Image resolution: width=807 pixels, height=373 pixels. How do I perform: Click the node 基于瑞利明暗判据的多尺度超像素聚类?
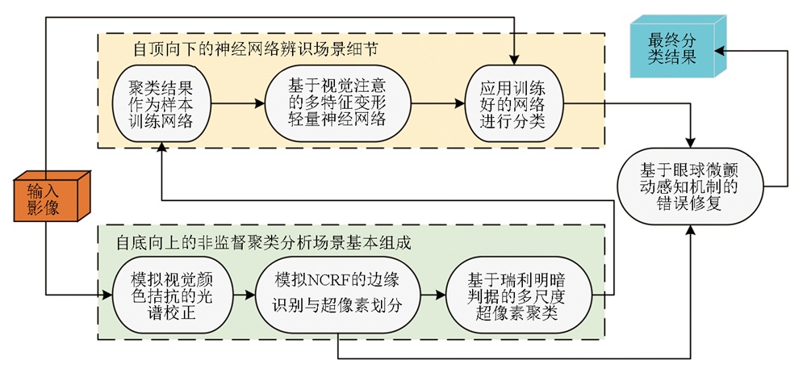coord(513,295)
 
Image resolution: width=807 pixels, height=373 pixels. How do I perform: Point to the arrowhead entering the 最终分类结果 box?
coord(721,50)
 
